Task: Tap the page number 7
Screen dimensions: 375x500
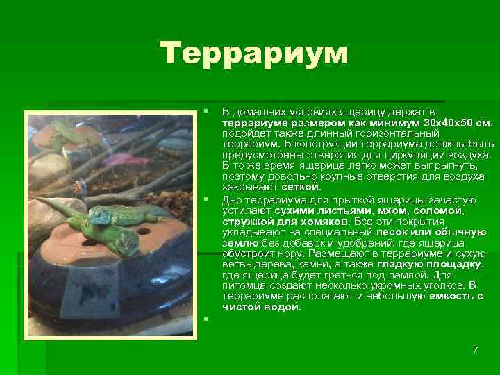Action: [x=475, y=349]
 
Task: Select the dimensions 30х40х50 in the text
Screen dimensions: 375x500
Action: [x=447, y=122]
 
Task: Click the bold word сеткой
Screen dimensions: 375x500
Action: [x=301, y=187]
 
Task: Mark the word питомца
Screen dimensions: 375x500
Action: [x=244, y=285]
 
